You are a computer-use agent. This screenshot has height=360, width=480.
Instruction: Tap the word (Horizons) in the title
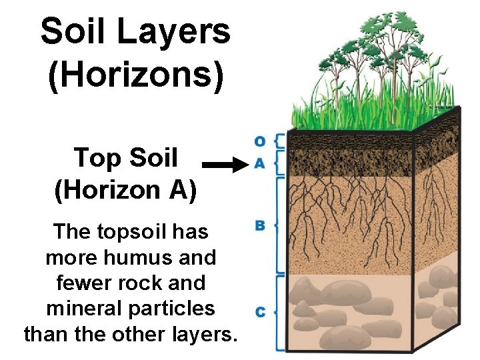pyautogui.click(x=135, y=75)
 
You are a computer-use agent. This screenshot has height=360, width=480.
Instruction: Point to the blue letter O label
pyautogui.click(x=260, y=141)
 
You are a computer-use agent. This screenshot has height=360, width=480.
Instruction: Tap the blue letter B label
pyautogui.click(x=260, y=225)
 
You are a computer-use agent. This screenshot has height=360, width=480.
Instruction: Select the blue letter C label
pyautogui.click(x=260, y=311)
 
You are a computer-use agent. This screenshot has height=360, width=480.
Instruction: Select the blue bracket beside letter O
pyautogui.click(x=279, y=141)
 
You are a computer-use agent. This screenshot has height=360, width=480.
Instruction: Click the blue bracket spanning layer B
pyautogui.click(x=279, y=225)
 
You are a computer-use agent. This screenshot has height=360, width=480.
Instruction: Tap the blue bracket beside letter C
pyautogui.click(x=279, y=311)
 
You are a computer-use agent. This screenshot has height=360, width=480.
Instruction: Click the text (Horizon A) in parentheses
pyautogui.click(x=126, y=191)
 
